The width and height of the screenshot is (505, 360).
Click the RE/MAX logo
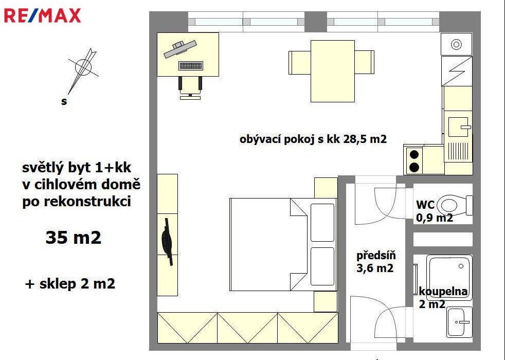click(x=42, y=15)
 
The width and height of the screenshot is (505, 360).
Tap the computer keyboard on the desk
click(x=191, y=66)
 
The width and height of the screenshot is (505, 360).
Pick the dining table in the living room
click(x=332, y=71)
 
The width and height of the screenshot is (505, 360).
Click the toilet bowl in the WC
click(x=455, y=205)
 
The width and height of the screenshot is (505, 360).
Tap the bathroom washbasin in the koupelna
click(x=459, y=321)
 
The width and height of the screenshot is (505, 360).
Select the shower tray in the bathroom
click(x=449, y=277)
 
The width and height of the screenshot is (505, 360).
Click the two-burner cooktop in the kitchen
click(x=414, y=160)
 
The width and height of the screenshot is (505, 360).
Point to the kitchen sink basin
click(x=458, y=127)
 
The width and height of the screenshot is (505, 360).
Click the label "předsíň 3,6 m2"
click(x=376, y=262)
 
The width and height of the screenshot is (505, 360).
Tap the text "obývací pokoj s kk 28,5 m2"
click(x=313, y=139)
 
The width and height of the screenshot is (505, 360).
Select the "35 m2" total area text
click(x=74, y=238)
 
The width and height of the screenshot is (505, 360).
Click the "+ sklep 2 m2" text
click(x=70, y=284)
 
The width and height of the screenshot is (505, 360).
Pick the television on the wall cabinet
click(x=167, y=242)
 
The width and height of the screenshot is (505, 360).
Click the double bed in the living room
click(x=283, y=244)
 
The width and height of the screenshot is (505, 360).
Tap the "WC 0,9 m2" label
click(x=434, y=211)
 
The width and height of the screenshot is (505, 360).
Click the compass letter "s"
click(x=64, y=101)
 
